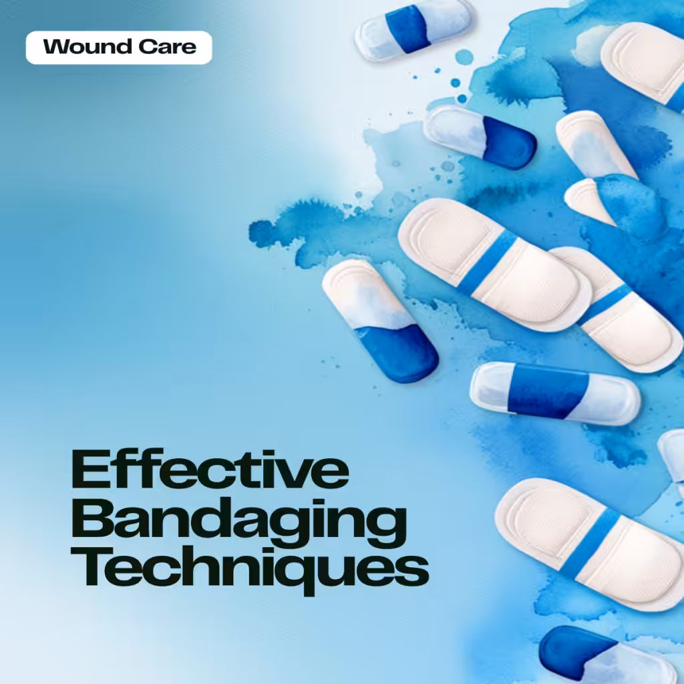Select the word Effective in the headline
(x=210, y=469)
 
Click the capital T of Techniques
(x=92, y=566)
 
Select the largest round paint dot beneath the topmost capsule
(x=464, y=57)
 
